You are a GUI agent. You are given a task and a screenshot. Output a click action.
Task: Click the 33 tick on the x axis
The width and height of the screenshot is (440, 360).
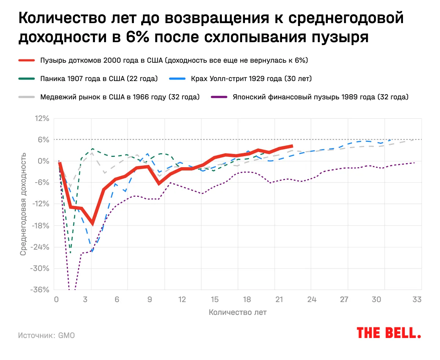pyautogui.click(x=417, y=299)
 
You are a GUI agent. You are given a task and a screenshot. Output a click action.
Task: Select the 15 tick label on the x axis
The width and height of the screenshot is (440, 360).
pyautogui.click(x=215, y=299)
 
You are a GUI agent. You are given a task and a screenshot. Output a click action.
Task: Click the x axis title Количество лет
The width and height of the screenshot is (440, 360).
pyautogui.click(x=238, y=313)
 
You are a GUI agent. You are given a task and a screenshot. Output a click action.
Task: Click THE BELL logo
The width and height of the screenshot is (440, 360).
pyautogui.click(x=389, y=333)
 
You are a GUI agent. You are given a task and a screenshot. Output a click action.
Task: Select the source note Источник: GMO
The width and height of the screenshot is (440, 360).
pyautogui.click(x=46, y=335)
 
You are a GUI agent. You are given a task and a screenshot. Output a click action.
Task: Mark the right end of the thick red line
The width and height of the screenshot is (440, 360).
pyautogui.click(x=292, y=146)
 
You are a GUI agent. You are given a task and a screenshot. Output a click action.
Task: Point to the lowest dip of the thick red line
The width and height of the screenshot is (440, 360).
pyautogui.click(x=92, y=224)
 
